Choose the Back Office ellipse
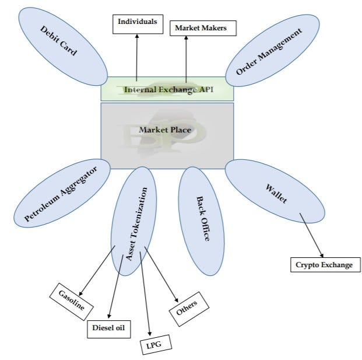click(201, 216)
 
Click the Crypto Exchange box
click(324, 265)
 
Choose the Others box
click(187, 306)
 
